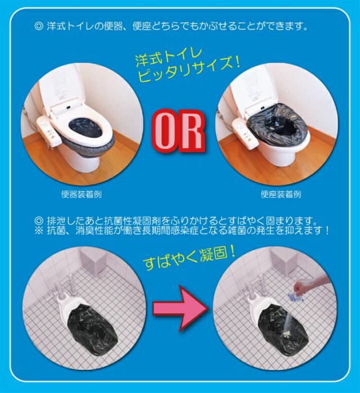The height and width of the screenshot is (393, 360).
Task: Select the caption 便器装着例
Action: [81, 194]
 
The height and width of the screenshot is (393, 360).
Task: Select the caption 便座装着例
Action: [281, 194]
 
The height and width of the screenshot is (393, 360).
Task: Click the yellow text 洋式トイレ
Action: [168, 59]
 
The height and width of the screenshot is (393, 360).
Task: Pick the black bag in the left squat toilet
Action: [93, 327]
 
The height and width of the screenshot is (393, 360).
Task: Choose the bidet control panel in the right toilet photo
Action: [245, 133]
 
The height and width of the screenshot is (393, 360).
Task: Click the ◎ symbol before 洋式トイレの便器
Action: [39, 26]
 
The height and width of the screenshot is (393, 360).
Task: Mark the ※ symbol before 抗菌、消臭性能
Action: [39, 230]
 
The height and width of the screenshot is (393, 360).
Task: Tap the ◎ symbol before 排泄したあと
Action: [39, 221]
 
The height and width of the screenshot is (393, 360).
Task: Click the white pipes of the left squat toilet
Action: [63, 285]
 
